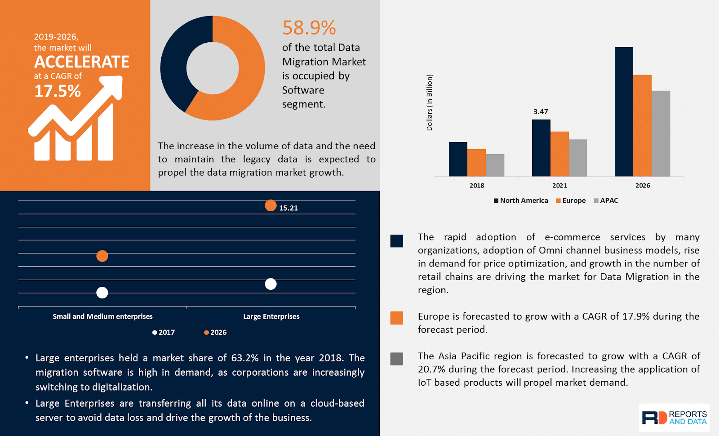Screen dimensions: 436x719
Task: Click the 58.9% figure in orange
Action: pyautogui.click(x=309, y=28)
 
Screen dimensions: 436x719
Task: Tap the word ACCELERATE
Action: pyautogui.click(x=82, y=62)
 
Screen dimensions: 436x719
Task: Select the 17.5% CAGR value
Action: pyautogui.click(x=58, y=91)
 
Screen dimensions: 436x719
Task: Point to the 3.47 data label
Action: pyautogui.click(x=541, y=111)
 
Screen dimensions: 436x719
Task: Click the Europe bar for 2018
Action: pyautogui.click(x=476, y=163)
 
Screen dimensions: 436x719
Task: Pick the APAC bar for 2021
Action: pyautogui.click(x=578, y=158)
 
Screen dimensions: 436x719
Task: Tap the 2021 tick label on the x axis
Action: pyautogui.click(x=559, y=185)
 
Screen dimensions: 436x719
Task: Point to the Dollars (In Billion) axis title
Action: pyautogui.click(x=430, y=102)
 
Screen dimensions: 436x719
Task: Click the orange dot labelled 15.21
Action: pyautogui.click(x=271, y=205)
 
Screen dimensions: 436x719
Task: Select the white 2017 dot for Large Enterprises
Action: pyautogui.click(x=271, y=284)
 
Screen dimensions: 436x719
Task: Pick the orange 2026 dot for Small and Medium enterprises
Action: pyautogui.click(x=102, y=256)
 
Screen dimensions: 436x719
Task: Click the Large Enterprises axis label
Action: pyautogui.click(x=271, y=316)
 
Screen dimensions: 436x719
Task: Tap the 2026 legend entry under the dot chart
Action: pyautogui.click(x=215, y=332)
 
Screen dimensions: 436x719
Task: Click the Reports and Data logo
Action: pyautogui.click(x=674, y=418)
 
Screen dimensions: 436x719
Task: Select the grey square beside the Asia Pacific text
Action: pyautogui.click(x=397, y=359)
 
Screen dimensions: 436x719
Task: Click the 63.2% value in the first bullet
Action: pyautogui.click(x=245, y=358)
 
